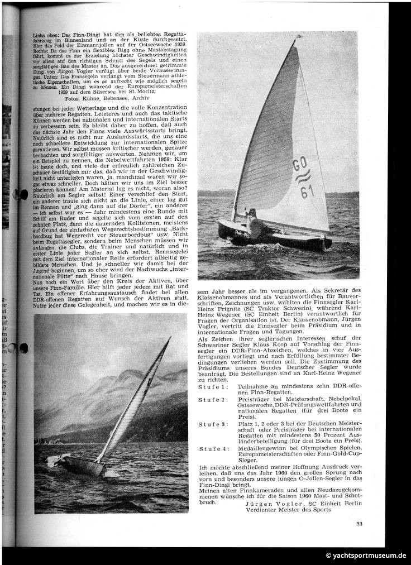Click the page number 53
tap(359, 523)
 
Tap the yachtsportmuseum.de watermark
tap(366, 556)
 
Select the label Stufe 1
tap(213, 386)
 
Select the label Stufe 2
tap(213, 400)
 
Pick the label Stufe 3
tap(213, 424)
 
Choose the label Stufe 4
tap(213, 449)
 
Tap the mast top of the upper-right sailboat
tap(299, 38)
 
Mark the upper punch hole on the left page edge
tap(23, 194)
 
